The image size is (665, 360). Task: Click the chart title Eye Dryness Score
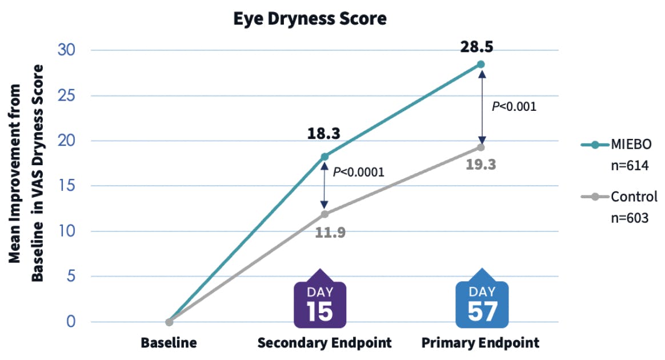(x=310, y=19)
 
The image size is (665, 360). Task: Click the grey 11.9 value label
(x=330, y=233)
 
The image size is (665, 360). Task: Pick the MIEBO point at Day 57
(x=481, y=65)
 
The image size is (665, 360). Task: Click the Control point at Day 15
(x=325, y=214)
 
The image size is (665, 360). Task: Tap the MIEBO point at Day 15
(x=325, y=157)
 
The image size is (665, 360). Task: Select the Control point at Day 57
(x=481, y=147)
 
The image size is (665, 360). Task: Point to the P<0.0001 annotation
(x=359, y=172)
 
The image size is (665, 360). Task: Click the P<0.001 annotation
(x=514, y=106)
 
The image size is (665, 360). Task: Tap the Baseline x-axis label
(x=169, y=343)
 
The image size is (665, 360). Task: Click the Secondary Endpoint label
(x=324, y=343)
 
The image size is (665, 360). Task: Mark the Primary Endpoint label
(x=480, y=343)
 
